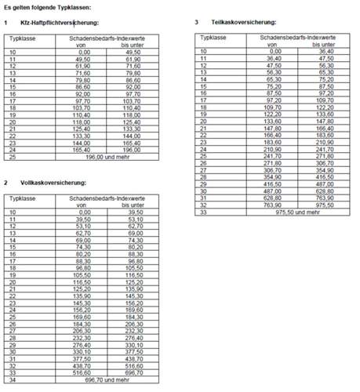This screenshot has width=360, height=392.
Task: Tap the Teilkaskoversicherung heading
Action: click(x=248, y=23)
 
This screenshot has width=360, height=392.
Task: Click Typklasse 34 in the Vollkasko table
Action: click(x=13, y=379)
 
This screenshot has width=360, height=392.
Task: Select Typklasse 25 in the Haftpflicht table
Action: click(x=13, y=156)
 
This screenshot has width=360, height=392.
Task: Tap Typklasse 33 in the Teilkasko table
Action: click(x=204, y=212)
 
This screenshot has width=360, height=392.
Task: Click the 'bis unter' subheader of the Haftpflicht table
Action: click(x=138, y=45)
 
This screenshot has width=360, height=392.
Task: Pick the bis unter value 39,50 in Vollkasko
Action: click(x=136, y=212)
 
